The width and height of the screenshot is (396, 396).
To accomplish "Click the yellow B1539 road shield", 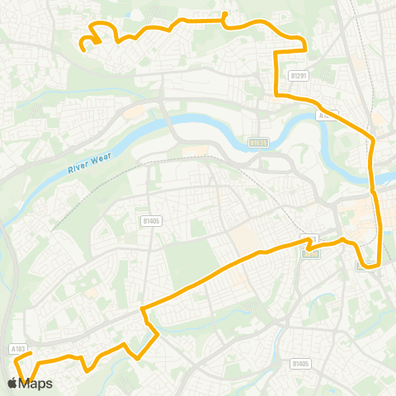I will pyautogui.click(x=258, y=143).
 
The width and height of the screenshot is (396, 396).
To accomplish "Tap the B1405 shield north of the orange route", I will pyautogui.click(x=150, y=220).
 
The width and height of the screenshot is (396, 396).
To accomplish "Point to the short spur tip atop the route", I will pyautogui.click(x=225, y=15).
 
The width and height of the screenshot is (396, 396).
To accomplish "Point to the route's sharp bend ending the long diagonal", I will pyautogui.click(x=144, y=309).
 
